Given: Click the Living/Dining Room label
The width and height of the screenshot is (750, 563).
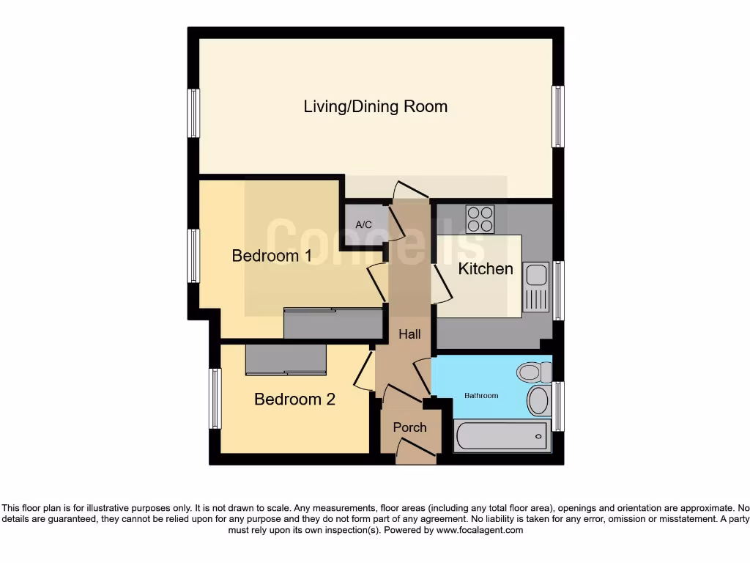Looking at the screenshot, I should (375, 106).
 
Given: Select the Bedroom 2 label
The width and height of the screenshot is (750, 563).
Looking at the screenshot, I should (294, 400).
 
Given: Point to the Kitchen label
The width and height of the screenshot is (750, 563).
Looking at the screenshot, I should (486, 269).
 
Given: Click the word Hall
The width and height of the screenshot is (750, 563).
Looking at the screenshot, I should (409, 334).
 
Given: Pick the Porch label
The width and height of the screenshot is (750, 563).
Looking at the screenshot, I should (409, 427).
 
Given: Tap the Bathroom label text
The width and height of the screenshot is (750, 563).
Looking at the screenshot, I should (481, 396).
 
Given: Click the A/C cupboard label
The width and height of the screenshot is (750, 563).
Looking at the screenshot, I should (364, 225).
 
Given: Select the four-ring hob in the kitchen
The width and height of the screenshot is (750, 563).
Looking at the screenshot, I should (480, 218).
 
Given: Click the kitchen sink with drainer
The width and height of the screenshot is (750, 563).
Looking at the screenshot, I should (536, 286).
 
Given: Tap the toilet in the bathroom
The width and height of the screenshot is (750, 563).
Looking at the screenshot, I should (533, 372).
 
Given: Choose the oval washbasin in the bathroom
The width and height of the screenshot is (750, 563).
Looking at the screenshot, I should (538, 401).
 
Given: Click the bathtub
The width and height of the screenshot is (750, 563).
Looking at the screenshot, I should (502, 436).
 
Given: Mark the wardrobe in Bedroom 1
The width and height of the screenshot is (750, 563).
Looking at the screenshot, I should (333, 323).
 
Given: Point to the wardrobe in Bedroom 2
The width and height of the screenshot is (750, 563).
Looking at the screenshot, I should (286, 359).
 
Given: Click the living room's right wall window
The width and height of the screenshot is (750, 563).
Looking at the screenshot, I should (558, 117).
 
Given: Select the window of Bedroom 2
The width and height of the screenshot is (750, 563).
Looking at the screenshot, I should (215, 398).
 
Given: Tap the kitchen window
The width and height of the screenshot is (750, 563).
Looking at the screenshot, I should (558, 290).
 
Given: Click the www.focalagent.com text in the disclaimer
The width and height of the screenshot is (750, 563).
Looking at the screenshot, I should (480, 530).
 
